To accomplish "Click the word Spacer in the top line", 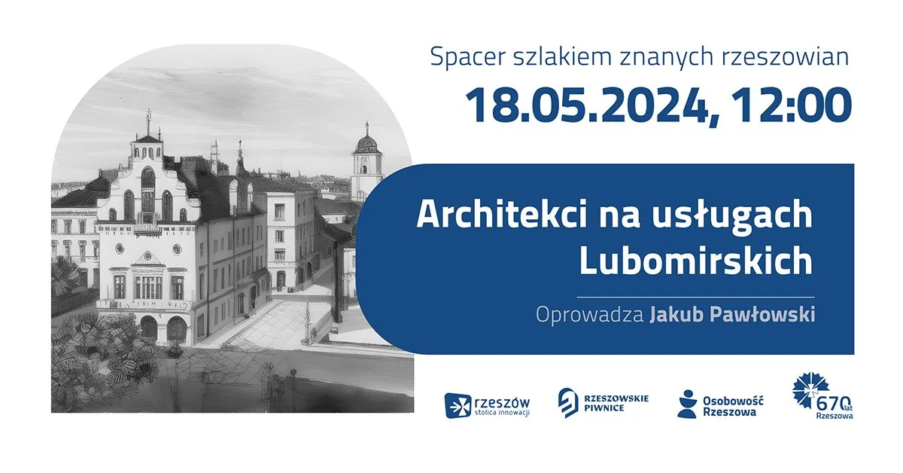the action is point(467,58).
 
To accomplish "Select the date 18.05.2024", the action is point(585,105).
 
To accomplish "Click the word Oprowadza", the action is point(589,315).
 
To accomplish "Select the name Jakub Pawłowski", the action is point(732,314).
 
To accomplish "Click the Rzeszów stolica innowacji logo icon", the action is point(458,405).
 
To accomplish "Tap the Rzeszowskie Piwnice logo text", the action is point(616,403).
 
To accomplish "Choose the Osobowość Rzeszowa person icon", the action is point(687,404).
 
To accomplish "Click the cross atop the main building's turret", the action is point(149,115).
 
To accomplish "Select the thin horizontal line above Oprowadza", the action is point(695,297).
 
